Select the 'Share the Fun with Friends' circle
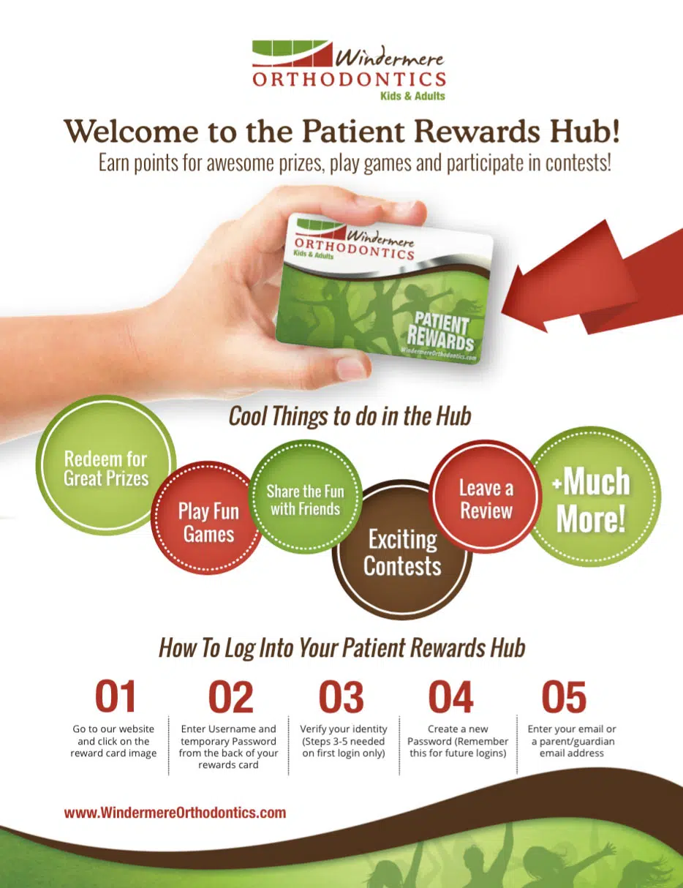point(305,497)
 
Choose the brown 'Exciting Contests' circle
point(402,549)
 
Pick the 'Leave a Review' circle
point(486,496)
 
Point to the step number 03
point(341,696)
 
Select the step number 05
point(564,696)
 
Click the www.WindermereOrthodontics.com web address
point(175,813)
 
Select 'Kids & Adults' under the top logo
point(412,96)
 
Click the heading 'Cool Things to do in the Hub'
point(350,416)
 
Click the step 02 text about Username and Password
point(228,747)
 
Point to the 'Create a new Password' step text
point(458,741)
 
